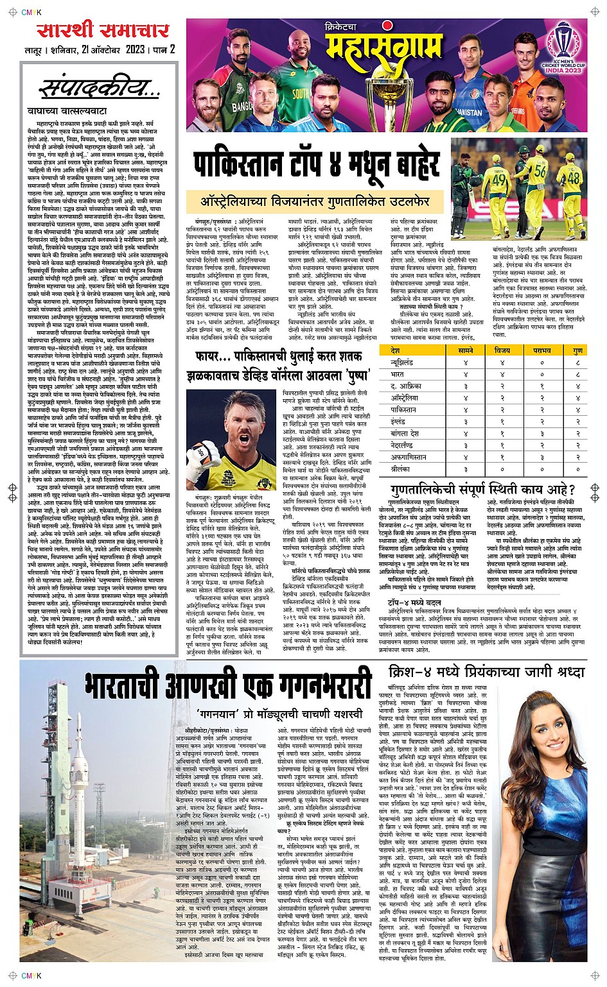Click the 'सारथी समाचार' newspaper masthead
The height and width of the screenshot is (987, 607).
(x=103, y=30)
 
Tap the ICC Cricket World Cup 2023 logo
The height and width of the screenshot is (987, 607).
(x=563, y=48)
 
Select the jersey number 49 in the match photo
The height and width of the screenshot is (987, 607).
(x=499, y=179)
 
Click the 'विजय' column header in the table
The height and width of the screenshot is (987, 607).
(x=502, y=350)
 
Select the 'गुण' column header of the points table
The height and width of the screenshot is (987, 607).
(x=577, y=350)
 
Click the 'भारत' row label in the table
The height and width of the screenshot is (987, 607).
(x=398, y=374)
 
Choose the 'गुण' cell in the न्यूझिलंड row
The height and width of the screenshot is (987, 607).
(x=577, y=363)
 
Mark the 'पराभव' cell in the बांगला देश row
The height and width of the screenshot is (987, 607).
(x=541, y=434)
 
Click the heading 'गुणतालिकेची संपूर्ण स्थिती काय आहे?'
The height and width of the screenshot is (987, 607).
(x=482, y=490)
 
